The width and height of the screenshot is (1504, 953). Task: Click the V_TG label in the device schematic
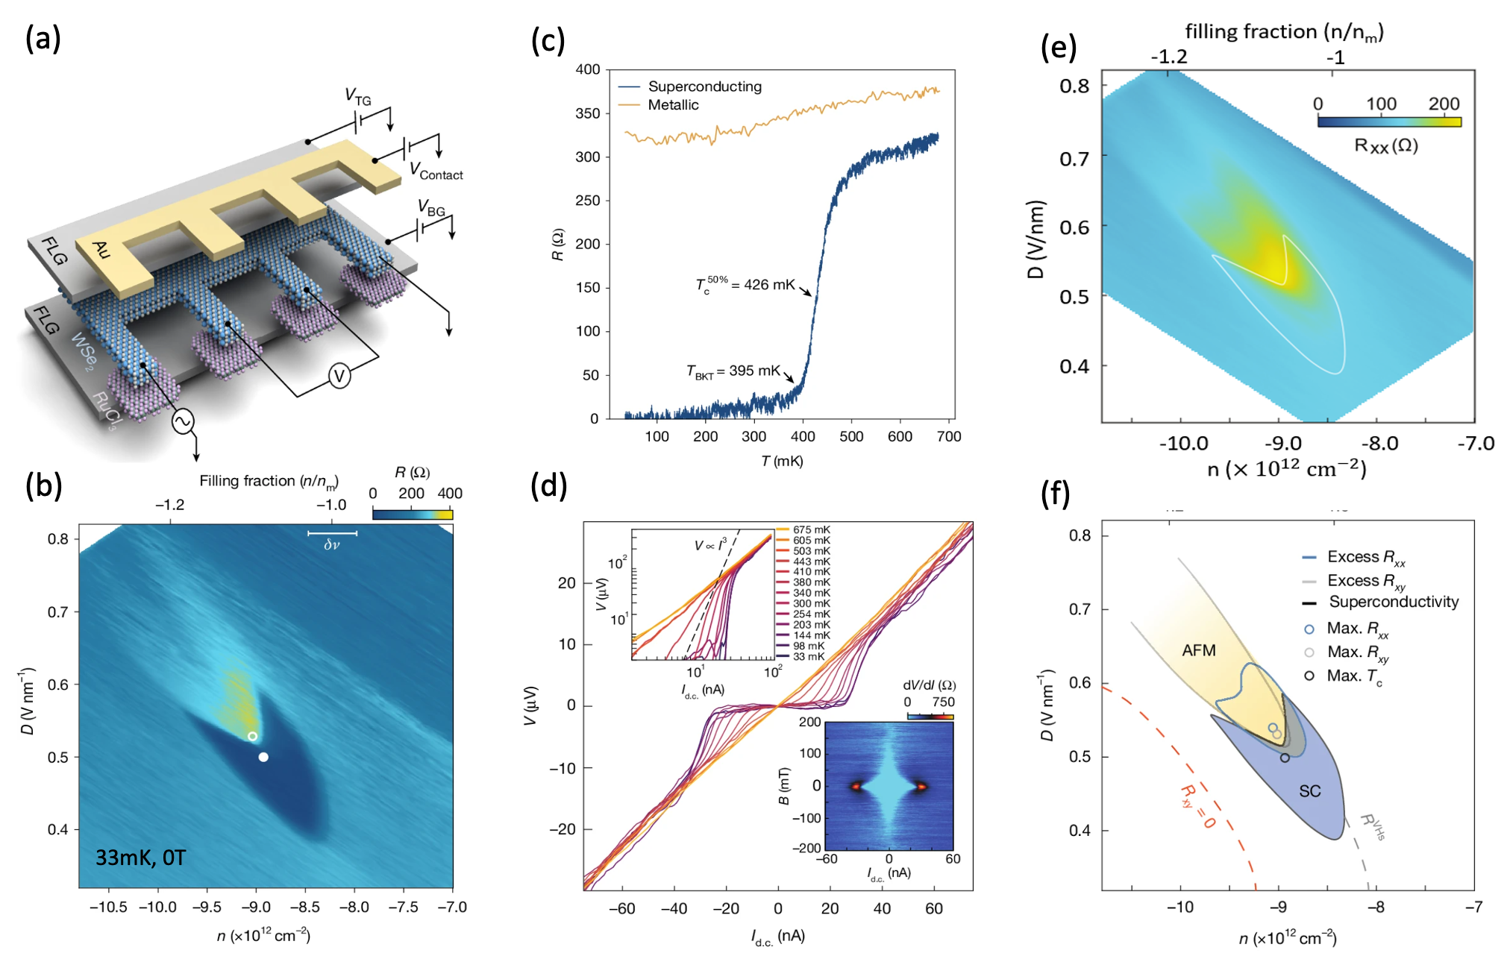point(358,96)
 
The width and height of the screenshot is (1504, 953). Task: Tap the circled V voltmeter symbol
point(339,376)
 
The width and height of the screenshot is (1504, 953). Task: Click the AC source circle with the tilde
point(183,422)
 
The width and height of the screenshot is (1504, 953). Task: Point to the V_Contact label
point(436,172)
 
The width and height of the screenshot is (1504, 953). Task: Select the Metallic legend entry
point(673,105)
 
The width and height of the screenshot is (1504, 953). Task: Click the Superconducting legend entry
point(704,87)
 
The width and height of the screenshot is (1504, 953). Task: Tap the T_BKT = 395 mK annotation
point(733,371)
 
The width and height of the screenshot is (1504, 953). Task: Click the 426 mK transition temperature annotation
point(745,285)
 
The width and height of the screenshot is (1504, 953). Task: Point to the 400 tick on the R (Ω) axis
point(588,69)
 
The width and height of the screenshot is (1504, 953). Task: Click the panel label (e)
point(1059,48)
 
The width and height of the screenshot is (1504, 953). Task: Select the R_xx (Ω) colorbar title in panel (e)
point(1385,145)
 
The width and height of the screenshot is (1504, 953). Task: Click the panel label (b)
point(43,486)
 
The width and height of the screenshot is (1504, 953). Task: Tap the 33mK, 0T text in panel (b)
point(140,858)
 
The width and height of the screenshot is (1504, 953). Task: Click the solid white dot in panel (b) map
point(263,757)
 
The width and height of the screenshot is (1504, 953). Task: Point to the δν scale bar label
point(332,545)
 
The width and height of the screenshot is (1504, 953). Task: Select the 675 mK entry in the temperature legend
point(811,530)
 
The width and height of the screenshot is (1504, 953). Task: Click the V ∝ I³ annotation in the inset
point(710,545)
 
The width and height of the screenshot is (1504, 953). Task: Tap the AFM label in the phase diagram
point(1199,650)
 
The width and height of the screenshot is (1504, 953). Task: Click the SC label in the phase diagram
point(1309,791)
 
